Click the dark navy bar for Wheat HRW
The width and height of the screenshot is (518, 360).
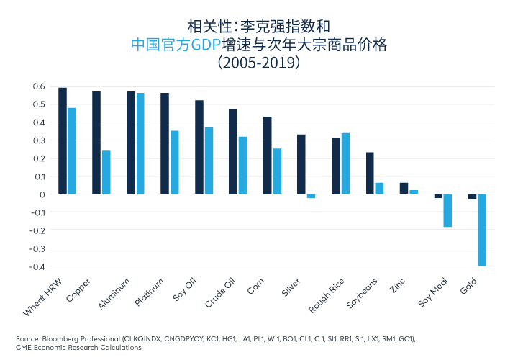coord(63,141)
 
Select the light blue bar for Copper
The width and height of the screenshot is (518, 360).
coord(106,172)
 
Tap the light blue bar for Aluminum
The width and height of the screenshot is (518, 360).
coord(140,143)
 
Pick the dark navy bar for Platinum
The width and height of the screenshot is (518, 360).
coord(165,143)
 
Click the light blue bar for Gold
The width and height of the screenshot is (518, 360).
coord(482,230)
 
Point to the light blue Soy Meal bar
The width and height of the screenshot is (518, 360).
coord(447,210)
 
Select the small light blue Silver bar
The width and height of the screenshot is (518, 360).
coord(311,196)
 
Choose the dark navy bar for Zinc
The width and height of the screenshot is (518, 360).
coord(404,189)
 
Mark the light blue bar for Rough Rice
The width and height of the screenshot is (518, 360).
coord(345,163)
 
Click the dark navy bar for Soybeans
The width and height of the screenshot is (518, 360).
coord(370,174)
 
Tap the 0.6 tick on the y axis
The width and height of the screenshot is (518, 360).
coord(39,86)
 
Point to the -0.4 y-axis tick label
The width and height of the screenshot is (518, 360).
coord(37,266)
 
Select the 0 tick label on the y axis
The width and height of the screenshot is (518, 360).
coord(42,194)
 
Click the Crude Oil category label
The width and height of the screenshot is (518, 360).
coord(219,293)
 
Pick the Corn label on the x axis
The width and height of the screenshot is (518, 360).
coord(255,287)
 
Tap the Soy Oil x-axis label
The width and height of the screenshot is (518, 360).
coord(184,289)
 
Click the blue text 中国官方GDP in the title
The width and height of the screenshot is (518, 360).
coord(176,45)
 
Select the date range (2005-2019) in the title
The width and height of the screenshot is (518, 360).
coord(259,62)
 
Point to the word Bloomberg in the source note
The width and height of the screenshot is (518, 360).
coord(60,339)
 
